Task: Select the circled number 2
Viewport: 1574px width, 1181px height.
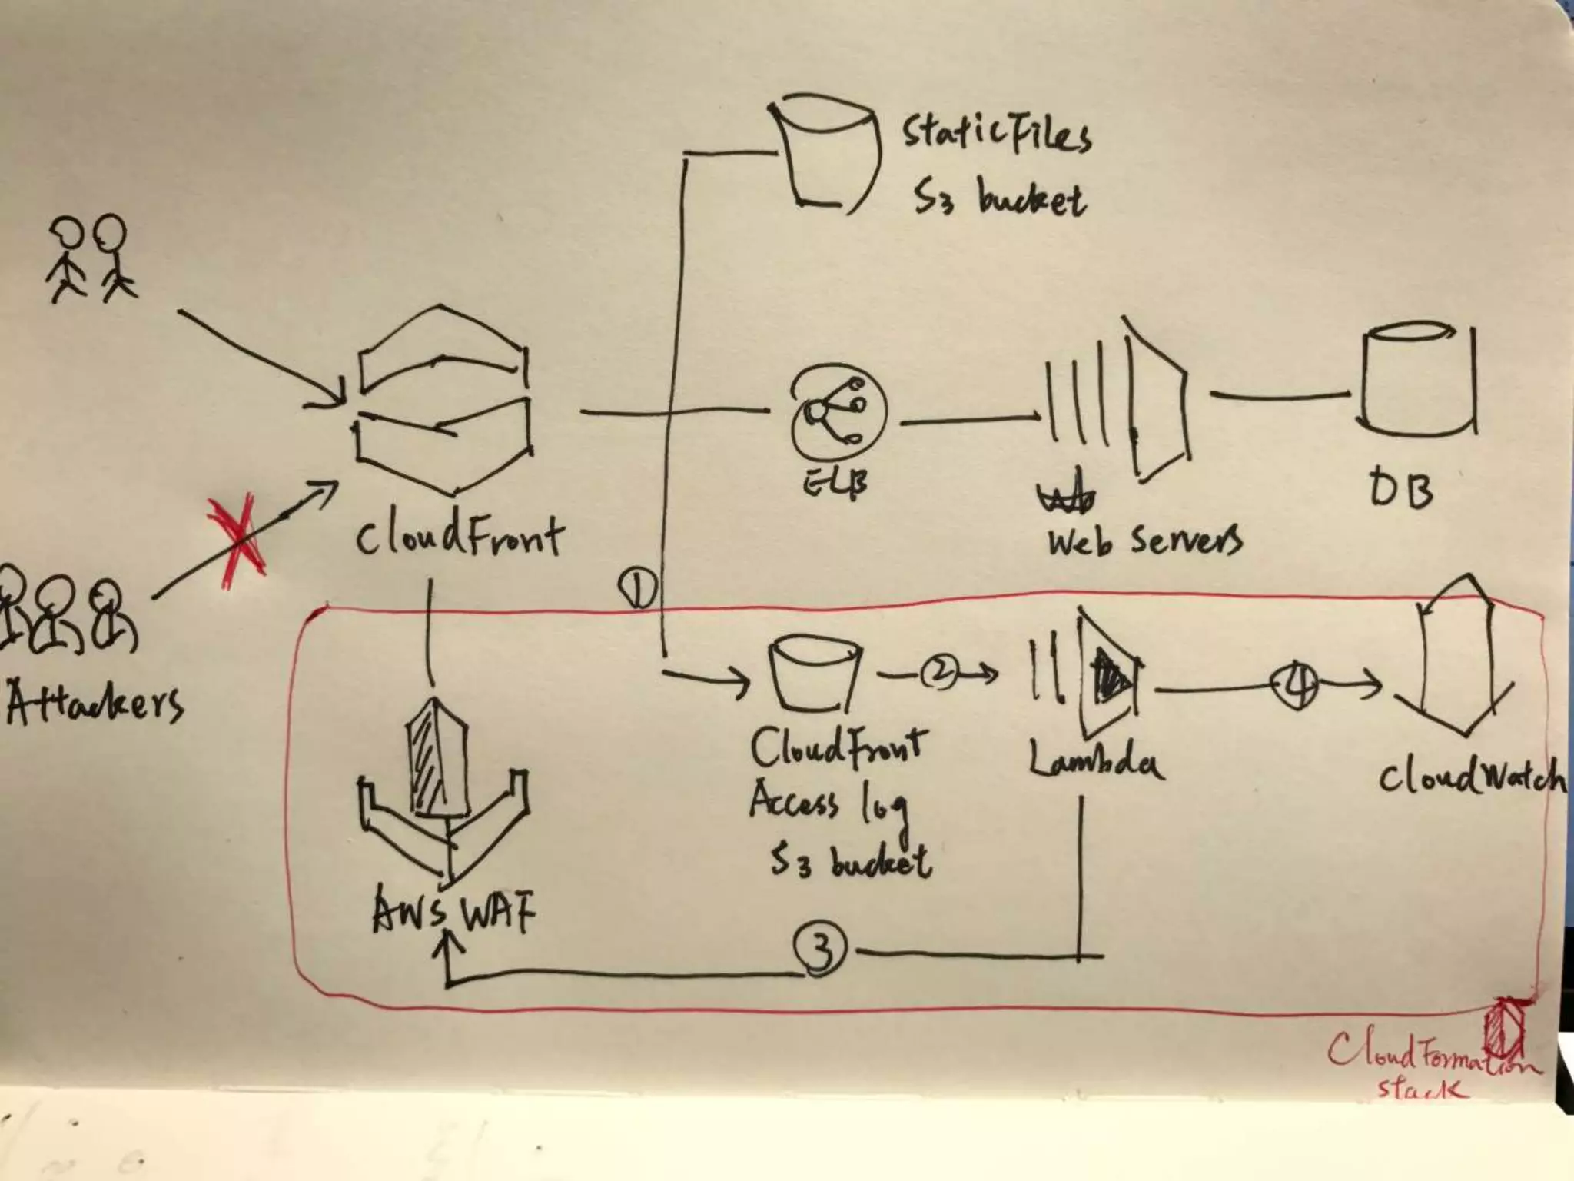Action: pos(939,674)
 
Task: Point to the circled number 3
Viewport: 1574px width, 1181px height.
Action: pos(820,950)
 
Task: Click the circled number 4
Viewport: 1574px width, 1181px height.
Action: pos(1295,684)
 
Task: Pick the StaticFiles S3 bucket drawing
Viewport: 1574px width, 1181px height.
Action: pos(825,151)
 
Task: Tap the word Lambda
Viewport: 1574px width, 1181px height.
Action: pos(1095,762)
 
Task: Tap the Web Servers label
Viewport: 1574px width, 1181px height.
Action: pos(1143,541)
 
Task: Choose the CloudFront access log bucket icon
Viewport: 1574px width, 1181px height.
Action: pos(815,674)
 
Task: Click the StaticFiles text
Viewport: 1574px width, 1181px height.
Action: pos(996,135)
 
